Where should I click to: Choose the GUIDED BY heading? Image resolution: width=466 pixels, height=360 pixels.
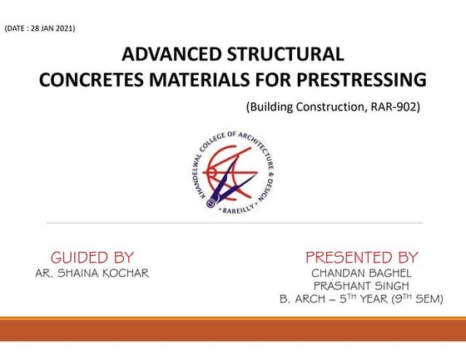[x=92, y=257]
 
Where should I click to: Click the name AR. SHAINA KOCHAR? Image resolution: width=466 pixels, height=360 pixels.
[x=92, y=273]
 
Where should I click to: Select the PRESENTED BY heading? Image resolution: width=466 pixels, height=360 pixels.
[x=361, y=257]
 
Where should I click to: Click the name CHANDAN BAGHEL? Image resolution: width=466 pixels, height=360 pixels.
[x=361, y=273]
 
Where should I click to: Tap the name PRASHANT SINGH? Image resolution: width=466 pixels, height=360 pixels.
[x=361, y=285]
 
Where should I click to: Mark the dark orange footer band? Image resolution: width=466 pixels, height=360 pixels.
[x=233, y=330]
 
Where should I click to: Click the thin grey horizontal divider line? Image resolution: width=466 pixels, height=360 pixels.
[x=234, y=223]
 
